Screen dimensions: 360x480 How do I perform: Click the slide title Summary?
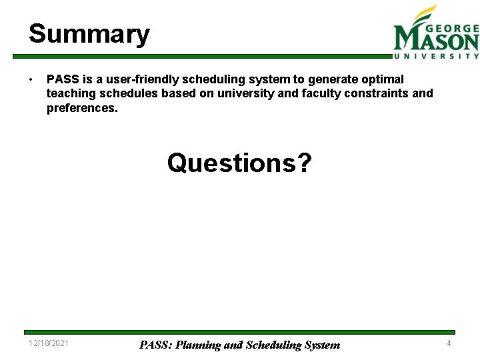(x=89, y=33)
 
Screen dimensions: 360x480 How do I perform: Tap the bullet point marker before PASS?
(x=31, y=80)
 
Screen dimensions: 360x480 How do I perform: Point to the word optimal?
(x=382, y=79)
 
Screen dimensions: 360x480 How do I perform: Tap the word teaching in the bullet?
(x=71, y=93)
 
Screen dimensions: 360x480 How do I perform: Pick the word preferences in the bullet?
(x=82, y=107)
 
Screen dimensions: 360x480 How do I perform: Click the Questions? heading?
(x=239, y=162)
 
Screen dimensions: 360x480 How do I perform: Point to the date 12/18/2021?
(x=48, y=343)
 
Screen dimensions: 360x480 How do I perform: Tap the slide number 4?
(x=449, y=343)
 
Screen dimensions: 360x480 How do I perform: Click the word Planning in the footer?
(x=198, y=345)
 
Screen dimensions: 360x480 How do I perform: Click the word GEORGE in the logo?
(x=452, y=29)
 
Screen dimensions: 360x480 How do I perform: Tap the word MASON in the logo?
(x=436, y=41)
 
